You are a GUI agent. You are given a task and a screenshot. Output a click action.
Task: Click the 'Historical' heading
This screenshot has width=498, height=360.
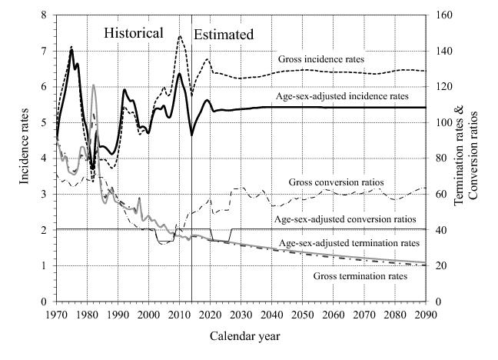pyautogui.click(x=134, y=33)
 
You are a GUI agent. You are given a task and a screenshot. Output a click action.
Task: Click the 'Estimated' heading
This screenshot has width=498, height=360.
pyautogui.click(x=223, y=35)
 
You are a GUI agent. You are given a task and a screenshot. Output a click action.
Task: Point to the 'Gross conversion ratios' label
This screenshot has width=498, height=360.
pyautogui.click(x=336, y=182)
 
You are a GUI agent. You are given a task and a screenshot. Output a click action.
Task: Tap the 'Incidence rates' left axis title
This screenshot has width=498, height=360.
pyautogui.click(x=25, y=158)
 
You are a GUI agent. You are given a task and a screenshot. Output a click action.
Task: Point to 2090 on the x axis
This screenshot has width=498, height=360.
pyautogui.click(x=424, y=315)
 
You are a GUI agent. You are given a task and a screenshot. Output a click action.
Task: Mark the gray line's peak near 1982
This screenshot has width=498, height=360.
pyautogui.click(x=93, y=85)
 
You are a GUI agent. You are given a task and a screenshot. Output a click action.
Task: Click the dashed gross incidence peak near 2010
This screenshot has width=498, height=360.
pyautogui.click(x=180, y=36)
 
